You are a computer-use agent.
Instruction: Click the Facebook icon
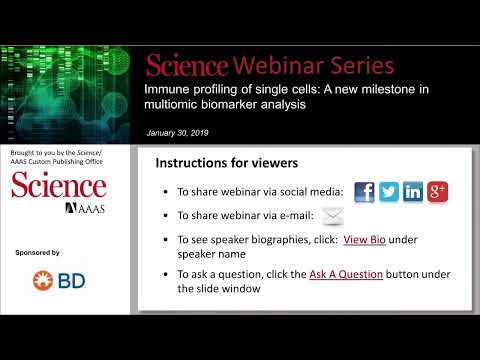click(365, 192)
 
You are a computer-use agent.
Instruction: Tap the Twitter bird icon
click(389, 192)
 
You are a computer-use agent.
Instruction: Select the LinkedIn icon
click(413, 192)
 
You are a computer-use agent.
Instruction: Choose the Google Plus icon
click(437, 192)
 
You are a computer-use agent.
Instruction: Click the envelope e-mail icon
click(333, 216)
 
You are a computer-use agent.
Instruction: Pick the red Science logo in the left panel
click(59, 186)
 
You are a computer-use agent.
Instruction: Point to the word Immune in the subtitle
click(168, 91)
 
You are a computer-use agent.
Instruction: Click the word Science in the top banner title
click(187, 66)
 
